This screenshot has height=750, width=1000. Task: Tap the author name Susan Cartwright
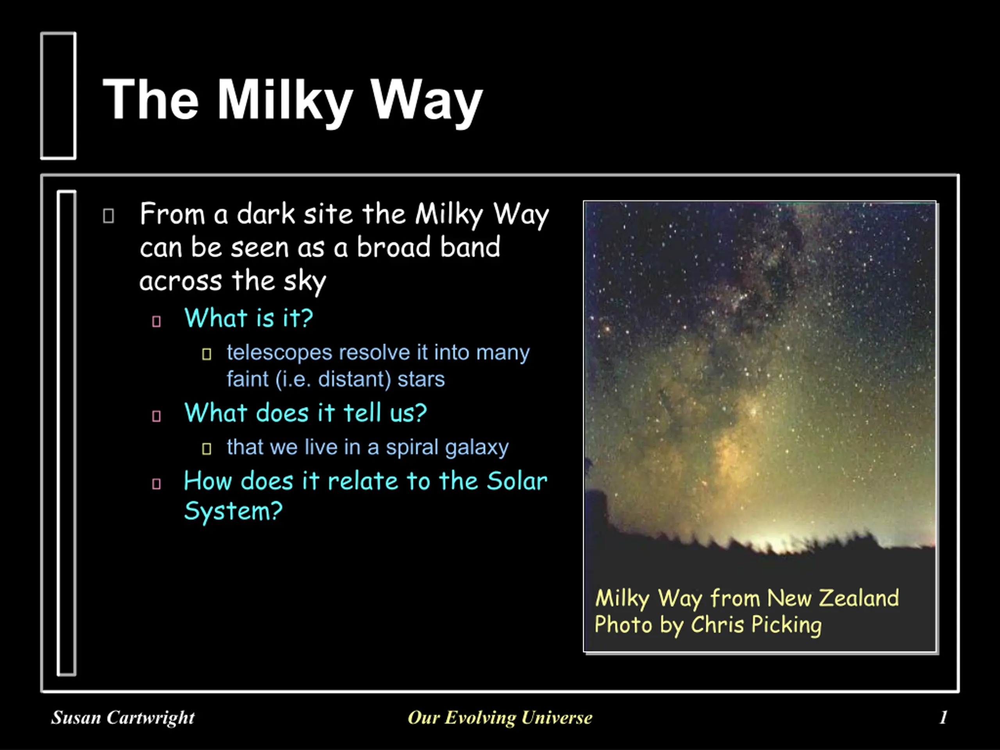(123, 718)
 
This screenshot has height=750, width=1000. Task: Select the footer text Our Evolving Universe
(500, 718)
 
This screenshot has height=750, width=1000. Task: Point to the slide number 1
(943, 717)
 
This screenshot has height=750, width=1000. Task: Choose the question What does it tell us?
(305, 413)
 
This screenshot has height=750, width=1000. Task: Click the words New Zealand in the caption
(833, 598)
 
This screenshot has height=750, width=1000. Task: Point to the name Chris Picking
(756, 625)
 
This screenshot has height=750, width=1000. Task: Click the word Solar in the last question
(517, 480)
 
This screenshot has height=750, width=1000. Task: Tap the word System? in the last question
(233, 512)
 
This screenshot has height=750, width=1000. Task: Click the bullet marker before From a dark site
(109, 216)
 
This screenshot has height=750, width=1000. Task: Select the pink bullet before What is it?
(156, 321)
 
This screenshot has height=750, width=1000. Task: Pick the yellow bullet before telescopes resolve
(207, 354)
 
